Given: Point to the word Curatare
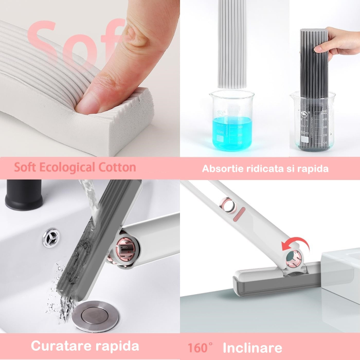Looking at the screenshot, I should [58, 346].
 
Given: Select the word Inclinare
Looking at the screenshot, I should [252, 348].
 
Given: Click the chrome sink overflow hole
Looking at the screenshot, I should [51, 239].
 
